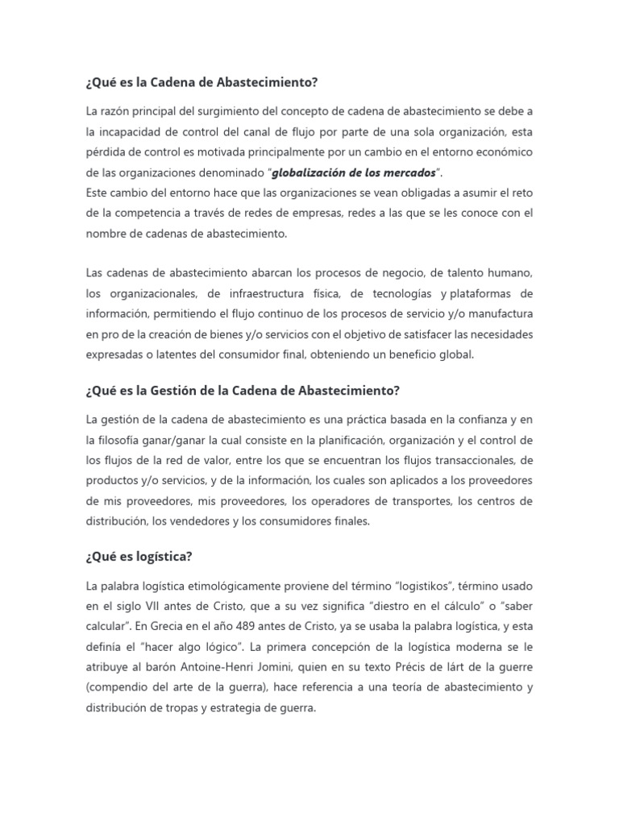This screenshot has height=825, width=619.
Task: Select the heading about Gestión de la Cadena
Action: coord(242,391)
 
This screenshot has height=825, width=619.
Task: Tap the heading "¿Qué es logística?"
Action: coord(139,557)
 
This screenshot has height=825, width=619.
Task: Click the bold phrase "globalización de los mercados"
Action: coord(355,172)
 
